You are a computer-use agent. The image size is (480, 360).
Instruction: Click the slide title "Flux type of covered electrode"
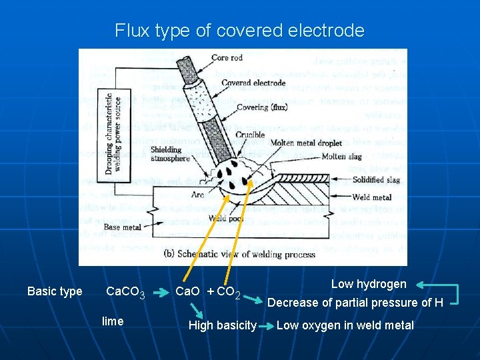coord(239,31)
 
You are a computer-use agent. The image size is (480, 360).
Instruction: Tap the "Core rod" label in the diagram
coord(227,58)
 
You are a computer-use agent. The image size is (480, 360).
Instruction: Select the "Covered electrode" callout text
coord(253,83)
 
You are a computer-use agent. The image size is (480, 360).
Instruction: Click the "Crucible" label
coord(250,135)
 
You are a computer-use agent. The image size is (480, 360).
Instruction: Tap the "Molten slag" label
coord(343,157)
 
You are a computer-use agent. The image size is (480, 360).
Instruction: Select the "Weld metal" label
coord(371,197)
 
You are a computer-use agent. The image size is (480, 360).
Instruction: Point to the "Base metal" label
coord(122,227)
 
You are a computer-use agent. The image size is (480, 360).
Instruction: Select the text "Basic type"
coord(55,291)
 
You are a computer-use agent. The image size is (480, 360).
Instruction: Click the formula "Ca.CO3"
coord(126,292)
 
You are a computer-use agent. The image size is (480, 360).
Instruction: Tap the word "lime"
coord(113,321)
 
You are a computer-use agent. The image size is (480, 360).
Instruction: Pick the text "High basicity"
coord(223,325)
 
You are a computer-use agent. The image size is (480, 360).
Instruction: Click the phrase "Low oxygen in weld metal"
coord(345,325)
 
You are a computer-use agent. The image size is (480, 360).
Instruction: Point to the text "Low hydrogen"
coord(369,284)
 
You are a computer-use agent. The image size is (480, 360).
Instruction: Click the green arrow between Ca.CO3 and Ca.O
coord(161,291)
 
